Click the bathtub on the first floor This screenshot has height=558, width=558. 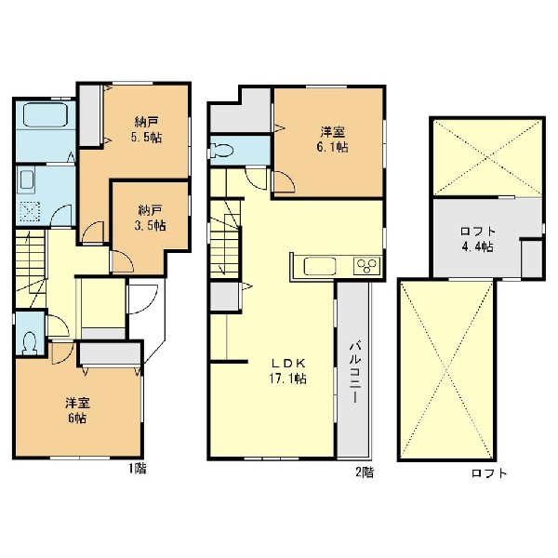pyautogui.click(x=46, y=114)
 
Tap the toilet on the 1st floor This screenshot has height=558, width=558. pyautogui.click(x=30, y=343)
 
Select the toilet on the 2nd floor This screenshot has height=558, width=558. pyautogui.click(x=221, y=151)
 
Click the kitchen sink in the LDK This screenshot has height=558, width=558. pyautogui.click(x=320, y=266)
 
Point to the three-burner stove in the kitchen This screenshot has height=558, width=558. pyautogui.click(x=366, y=266)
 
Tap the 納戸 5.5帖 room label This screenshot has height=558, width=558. pyautogui.click(x=146, y=130)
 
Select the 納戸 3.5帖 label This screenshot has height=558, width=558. pyautogui.click(x=152, y=219)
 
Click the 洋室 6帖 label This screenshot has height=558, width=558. pyautogui.click(x=77, y=410)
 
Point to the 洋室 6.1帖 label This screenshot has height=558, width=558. pyautogui.click(x=332, y=139)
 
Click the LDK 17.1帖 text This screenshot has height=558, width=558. pyautogui.click(x=287, y=371)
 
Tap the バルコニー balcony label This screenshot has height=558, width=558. pyautogui.click(x=355, y=372)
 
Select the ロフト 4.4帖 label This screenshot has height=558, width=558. pyautogui.click(x=478, y=239)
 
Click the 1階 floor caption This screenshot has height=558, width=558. pyautogui.click(x=138, y=469)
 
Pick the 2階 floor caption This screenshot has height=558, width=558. pyautogui.click(x=365, y=472)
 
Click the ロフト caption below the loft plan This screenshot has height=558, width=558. pyautogui.click(x=489, y=473)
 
